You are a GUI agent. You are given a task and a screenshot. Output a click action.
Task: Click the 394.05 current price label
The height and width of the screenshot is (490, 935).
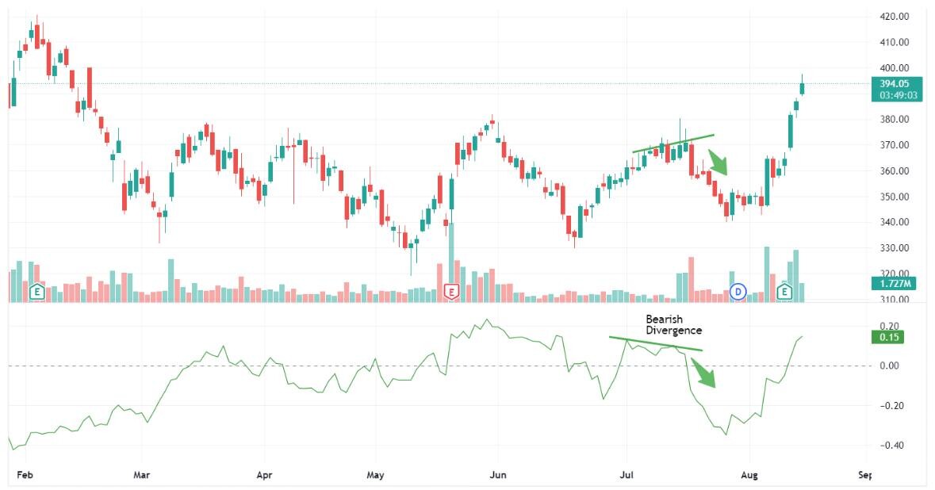click(894, 83)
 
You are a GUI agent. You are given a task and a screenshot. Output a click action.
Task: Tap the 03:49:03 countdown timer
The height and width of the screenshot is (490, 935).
click(894, 95)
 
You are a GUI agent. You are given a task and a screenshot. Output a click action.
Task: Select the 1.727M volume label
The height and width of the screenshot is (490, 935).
click(894, 283)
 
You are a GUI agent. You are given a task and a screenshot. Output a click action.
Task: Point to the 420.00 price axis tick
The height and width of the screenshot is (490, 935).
click(893, 16)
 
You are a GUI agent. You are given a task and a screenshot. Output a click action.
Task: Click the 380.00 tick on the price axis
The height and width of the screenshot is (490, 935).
click(893, 119)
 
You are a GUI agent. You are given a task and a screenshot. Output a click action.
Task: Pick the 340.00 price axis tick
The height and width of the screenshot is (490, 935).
click(893, 222)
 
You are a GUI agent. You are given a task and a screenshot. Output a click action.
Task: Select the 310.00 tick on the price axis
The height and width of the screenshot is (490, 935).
click(893, 300)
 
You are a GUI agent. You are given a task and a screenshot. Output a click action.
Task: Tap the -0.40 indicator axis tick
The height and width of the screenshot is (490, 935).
click(891, 446)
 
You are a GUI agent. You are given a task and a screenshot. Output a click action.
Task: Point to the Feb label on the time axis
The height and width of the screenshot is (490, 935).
click(25, 476)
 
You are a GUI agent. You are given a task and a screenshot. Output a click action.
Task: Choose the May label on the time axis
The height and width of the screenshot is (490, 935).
click(376, 476)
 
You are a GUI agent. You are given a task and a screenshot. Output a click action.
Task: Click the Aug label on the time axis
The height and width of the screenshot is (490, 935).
click(749, 476)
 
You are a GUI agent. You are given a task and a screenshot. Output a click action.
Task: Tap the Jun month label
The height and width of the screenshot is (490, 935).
click(498, 476)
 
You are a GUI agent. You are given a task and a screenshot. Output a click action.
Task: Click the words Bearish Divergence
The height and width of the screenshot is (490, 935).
click(673, 324)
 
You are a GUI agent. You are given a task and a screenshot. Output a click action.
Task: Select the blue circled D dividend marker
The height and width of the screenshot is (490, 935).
click(738, 292)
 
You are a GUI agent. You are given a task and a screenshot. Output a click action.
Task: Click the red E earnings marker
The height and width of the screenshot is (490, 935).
click(451, 292)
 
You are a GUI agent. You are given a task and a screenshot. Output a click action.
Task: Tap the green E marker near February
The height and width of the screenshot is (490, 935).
click(36, 292)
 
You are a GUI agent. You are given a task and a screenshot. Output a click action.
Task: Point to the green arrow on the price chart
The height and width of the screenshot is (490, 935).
click(718, 163)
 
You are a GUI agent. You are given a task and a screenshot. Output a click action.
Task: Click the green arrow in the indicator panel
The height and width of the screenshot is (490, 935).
click(704, 373)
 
